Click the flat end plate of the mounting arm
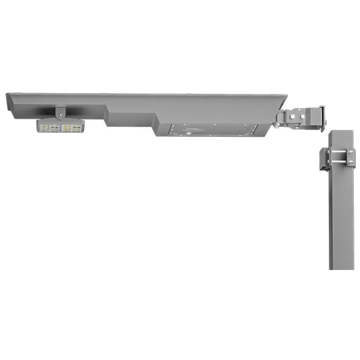322,118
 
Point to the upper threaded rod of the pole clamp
337,151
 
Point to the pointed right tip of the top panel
286,96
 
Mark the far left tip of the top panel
7,94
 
